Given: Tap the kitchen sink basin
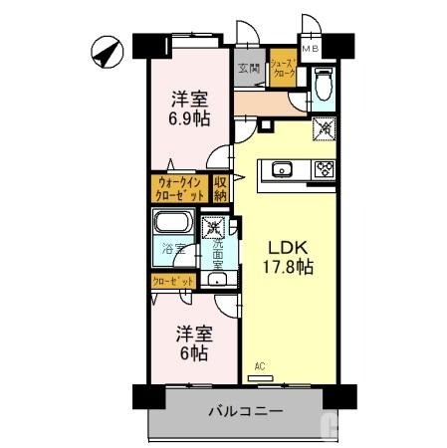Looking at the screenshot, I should point(281,169).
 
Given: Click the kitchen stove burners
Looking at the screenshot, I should point(324,169).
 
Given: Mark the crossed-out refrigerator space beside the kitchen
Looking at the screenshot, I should point(324,127).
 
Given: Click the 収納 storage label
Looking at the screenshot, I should point(221,188).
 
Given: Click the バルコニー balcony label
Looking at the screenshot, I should point(245,410).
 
